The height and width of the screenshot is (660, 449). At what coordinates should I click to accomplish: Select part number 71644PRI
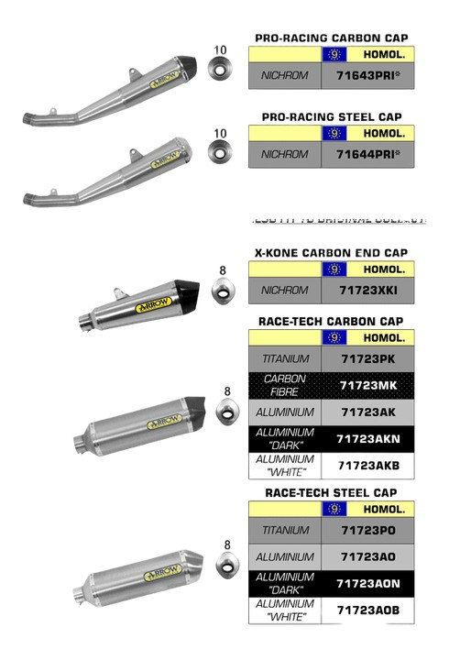point(367,154)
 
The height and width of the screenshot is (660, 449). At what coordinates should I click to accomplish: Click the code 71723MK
point(367,385)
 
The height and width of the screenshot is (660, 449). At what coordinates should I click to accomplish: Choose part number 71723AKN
point(367,438)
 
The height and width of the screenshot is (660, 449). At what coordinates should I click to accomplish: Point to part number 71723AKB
point(367,466)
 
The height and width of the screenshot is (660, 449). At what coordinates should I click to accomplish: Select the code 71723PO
point(367,530)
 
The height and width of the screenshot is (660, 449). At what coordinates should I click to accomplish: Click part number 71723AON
point(367,583)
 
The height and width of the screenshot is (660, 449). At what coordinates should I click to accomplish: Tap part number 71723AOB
point(367,610)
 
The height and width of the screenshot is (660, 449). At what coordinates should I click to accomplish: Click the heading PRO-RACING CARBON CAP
point(331,38)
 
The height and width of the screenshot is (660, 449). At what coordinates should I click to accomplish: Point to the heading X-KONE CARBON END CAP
point(331,252)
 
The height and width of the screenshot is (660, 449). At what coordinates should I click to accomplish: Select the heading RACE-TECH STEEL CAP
point(331,492)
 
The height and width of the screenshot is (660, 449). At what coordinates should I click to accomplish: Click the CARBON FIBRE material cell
point(285,385)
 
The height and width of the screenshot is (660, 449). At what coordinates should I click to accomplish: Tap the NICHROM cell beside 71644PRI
point(285,154)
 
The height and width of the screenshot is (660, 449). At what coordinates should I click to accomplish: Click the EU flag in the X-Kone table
point(334,269)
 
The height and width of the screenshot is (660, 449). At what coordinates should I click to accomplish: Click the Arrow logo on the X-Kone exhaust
point(149,309)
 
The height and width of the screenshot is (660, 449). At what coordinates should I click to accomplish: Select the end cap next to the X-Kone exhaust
point(223,291)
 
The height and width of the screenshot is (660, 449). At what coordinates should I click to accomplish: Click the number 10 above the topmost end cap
point(219,49)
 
